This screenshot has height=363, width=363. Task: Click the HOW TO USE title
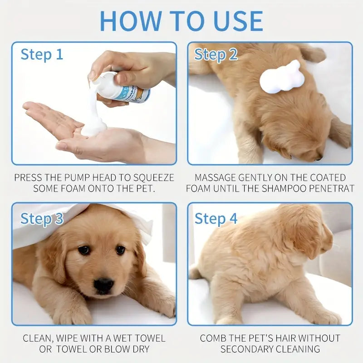[x=181, y=20]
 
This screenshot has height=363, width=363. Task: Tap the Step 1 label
[x=42, y=55]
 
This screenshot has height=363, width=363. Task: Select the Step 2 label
[x=216, y=55]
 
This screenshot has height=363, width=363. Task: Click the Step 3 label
[x=42, y=219]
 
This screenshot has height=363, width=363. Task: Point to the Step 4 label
[x=216, y=219]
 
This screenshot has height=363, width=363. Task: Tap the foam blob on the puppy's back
[x=281, y=77]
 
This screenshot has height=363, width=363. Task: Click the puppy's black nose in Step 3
[x=104, y=285]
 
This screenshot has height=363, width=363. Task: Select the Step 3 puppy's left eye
[x=84, y=250]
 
